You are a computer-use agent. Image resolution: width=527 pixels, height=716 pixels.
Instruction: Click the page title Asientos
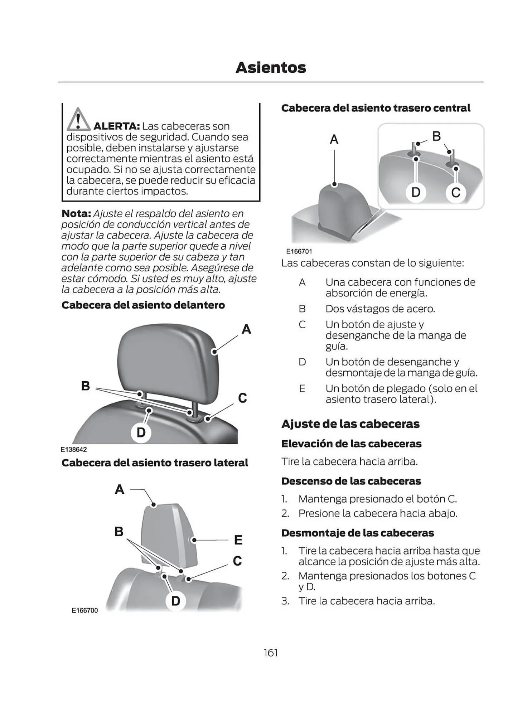(271, 68)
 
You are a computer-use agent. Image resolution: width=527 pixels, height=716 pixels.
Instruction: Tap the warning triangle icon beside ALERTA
(78, 120)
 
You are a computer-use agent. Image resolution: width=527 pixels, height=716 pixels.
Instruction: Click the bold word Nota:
(76, 214)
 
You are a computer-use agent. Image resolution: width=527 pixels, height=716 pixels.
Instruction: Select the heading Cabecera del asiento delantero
(143, 305)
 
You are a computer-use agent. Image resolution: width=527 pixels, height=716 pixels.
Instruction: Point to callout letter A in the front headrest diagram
(246, 329)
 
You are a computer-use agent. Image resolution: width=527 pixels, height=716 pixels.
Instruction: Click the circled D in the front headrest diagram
(141, 432)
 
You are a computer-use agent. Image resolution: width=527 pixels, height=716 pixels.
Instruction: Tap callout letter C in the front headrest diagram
(242, 398)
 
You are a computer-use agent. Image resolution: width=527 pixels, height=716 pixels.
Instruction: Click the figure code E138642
(73, 450)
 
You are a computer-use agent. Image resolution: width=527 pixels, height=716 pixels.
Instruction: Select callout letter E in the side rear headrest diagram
(238, 540)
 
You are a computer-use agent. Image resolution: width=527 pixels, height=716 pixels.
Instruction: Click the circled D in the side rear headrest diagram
(175, 601)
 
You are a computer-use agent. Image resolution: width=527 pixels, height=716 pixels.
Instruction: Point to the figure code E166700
(84, 610)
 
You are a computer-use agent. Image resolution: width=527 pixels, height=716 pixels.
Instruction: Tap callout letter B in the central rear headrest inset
(436, 136)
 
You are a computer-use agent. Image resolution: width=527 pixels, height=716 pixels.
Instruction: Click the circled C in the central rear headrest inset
(455, 193)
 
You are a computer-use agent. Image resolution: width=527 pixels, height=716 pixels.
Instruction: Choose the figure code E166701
(299, 251)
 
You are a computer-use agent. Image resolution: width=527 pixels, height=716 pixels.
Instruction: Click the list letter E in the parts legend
(302, 388)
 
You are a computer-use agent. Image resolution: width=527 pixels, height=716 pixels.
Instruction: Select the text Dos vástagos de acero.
(380, 309)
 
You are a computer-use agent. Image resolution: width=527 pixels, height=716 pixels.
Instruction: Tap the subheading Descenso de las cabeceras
(351, 481)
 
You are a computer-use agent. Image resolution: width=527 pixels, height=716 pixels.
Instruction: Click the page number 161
(271, 653)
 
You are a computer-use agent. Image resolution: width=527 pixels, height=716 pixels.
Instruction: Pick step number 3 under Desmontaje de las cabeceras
(285, 601)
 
